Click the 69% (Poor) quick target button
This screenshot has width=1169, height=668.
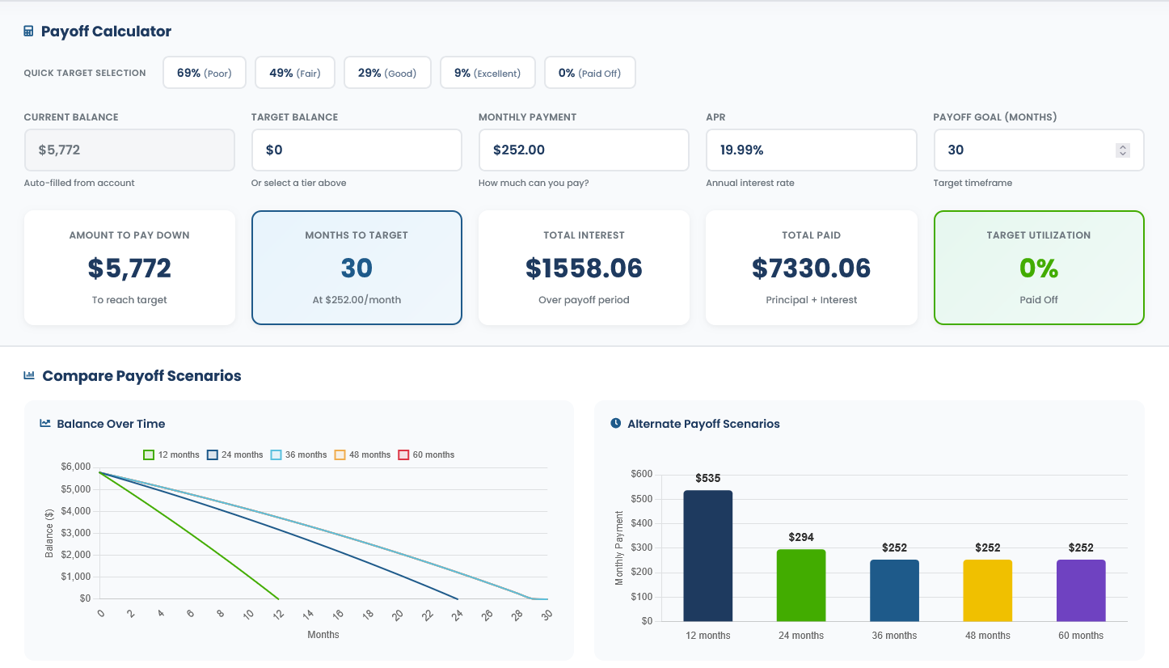click(x=205, y=73)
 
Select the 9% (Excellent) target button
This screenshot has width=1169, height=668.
click(x=487, y=73)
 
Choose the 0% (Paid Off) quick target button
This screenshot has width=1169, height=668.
click(x=589, y=73)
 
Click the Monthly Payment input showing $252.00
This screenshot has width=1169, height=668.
click(x=583, y=150)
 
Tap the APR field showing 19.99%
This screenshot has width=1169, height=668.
click(x=811, y=150)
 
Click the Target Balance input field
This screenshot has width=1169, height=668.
click(x=356, y=150)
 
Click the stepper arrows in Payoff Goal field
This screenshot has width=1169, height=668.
click(x=1122, y=150)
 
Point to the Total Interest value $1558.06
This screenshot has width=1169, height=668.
click(x=584, y=268)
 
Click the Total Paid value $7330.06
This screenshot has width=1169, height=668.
click(x=811, y=268)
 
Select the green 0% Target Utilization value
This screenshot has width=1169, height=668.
click(x=1039, y=268)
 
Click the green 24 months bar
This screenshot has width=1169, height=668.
click(x=801, y=586)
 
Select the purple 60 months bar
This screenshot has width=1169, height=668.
click(x=1081, y=590)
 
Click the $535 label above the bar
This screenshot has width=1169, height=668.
click(x=707, y=479)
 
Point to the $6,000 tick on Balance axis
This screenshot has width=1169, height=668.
click(x=75, y=467)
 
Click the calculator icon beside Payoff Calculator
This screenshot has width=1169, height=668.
click(x=29, y=32)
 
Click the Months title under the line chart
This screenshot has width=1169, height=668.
click(x=323, y=635)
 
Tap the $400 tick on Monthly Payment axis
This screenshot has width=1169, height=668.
click(x=642, y=523)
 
